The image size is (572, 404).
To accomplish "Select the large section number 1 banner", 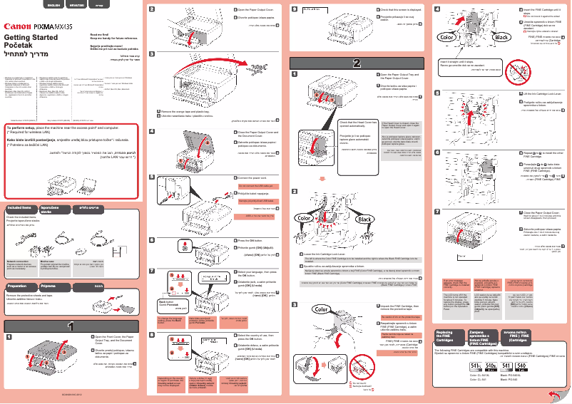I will (71, 326).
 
